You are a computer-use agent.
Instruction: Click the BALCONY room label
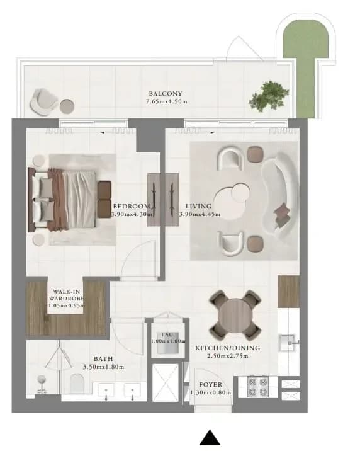(x=165, y=93)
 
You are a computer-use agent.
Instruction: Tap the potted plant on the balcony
(x=269, y=96)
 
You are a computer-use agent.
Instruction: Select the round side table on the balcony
(x=67, y=106)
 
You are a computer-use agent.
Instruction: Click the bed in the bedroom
(x=69, y=200)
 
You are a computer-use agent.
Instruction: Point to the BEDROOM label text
(x=132, y=206)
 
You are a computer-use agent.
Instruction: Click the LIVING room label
(x=198, y=206)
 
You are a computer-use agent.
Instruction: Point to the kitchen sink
(x=288, y=342)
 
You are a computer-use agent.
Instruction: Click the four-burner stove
(x=257, y=387)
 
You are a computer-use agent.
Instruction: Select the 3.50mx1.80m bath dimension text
(x=103, y=367)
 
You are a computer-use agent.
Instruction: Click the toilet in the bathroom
(x=77, y=384)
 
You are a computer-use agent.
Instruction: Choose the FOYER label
(x=211, y=385)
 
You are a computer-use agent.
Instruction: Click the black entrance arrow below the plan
(x=210, y=438)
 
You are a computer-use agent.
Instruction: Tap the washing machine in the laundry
(x=168, y=343)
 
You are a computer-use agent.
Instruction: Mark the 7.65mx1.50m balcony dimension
(x=167, y=101)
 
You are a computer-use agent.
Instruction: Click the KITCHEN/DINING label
(x=228, y=348)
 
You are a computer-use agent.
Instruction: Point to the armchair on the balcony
(x=43, y=102)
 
